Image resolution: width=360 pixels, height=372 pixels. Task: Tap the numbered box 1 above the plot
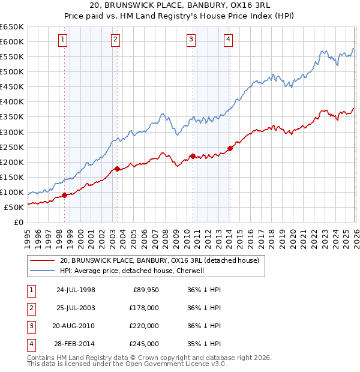[64, 40]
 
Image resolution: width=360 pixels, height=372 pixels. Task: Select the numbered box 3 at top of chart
[191, 40]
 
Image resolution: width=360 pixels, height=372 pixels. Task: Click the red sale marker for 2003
[117, 169]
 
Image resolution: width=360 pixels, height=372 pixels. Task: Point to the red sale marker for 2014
[230, 148]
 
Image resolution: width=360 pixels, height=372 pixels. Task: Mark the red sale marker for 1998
[64, 195]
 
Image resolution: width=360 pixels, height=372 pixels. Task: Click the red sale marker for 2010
[192, 156]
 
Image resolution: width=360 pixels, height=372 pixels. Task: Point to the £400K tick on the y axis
[12, 102]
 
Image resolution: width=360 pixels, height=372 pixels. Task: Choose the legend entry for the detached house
[159, 260]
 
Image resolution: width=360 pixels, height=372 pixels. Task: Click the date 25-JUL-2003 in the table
[75, 308]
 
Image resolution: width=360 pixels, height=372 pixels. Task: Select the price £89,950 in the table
[144, 290]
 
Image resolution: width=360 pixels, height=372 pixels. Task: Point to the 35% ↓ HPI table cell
[204, 344]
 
